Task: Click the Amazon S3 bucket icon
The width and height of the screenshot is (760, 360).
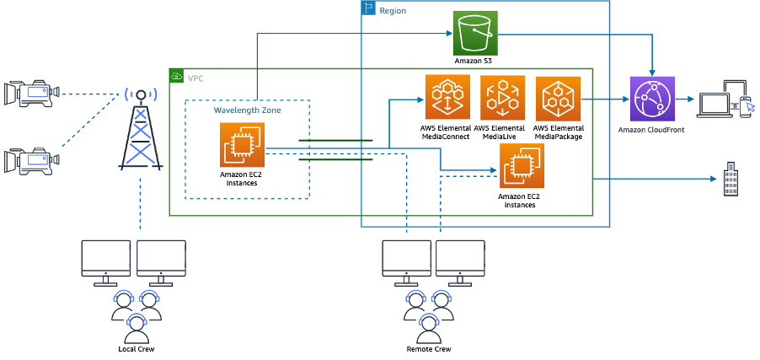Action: [475, 34]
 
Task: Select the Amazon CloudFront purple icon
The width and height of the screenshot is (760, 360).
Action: [652, 98]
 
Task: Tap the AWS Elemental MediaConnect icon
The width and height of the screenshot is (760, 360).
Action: [447, 97]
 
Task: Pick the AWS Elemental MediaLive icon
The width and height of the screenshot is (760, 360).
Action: [502, 97]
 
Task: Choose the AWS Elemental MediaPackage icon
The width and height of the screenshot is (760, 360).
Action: [558, 97]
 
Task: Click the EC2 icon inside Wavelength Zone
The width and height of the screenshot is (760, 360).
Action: [242, 144]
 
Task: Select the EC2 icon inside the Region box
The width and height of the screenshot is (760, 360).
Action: [522, 165]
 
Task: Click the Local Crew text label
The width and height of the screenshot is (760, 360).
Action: [136, 349]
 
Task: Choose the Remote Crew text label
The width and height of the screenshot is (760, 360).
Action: [428, 349]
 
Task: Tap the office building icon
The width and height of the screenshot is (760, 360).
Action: [731, 180]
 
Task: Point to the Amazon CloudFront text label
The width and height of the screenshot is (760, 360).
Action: [651, 131]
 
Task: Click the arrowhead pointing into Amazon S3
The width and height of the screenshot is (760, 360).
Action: [449, 34]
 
